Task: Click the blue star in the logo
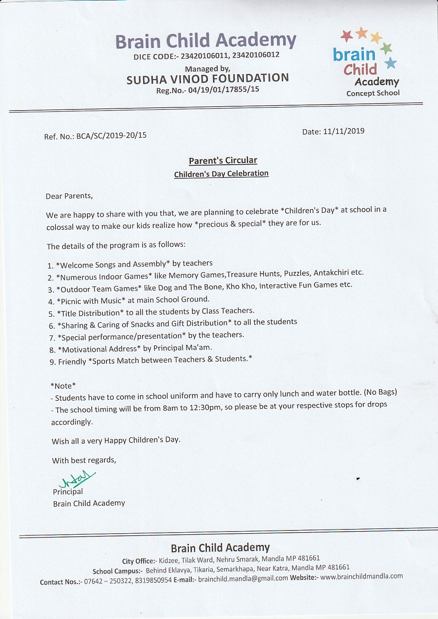[x=390, y=64]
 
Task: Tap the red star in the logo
[x=347, y=35]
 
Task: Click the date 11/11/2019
[x=344, y=131]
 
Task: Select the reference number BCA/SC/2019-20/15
[x=111, y=136]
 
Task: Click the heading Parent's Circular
[x=223, y=160]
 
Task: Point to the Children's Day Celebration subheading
[x=221, y=174]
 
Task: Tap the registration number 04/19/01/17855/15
[x=222, y=90]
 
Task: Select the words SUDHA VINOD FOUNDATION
[x=208, y=79]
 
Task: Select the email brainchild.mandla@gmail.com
[x=243, y=578]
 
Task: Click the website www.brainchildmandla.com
[x=362, y=576]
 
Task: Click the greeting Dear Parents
[x=69, y=196]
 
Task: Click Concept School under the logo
[x=373, y=94]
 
